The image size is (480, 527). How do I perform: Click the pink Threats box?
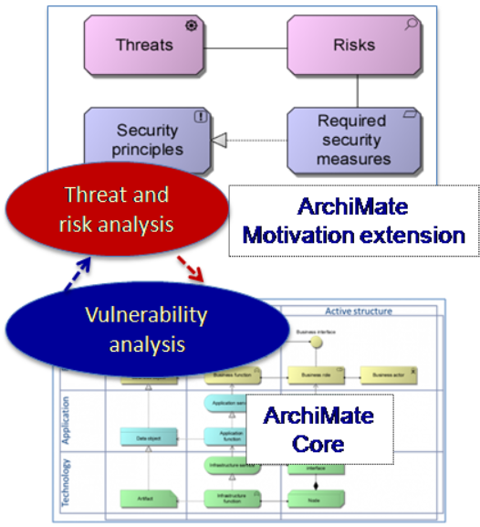click(144, 45)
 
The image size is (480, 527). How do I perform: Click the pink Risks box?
click(354, 45)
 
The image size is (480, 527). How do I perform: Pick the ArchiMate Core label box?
click(318, 430)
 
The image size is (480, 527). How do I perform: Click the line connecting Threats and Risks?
click(245, 46)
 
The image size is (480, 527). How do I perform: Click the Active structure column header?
click(359, 311)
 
